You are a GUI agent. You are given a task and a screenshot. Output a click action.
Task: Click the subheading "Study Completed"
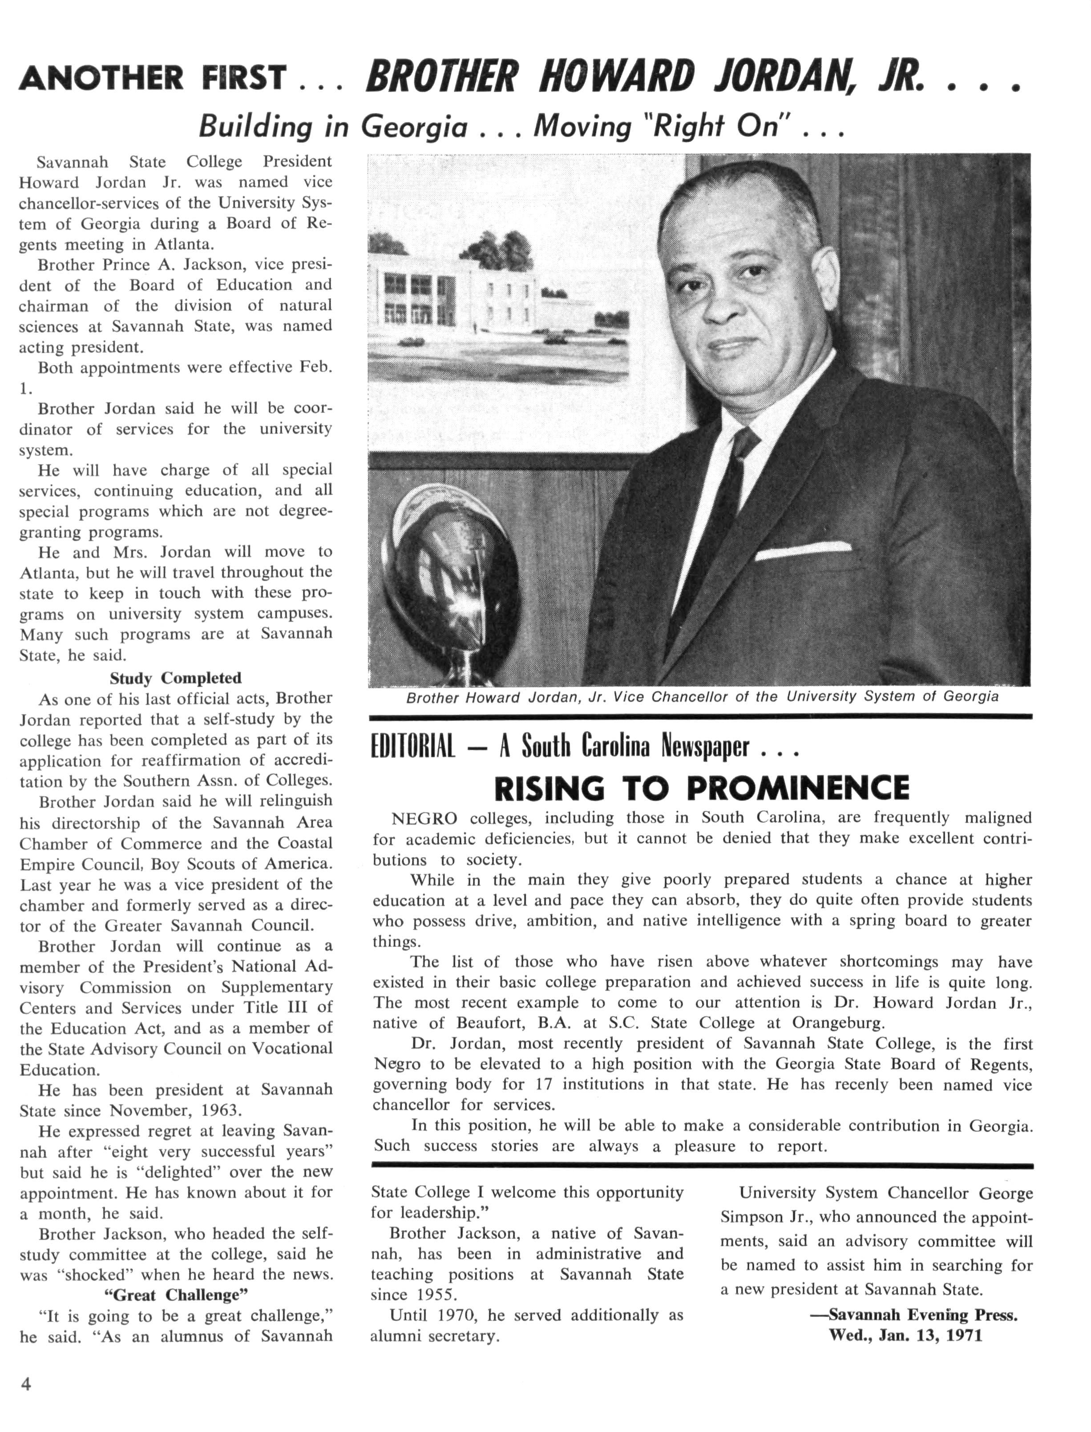175,678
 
